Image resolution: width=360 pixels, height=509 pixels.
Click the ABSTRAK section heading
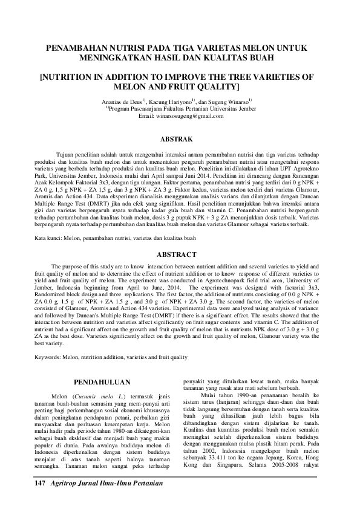point(180,138)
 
